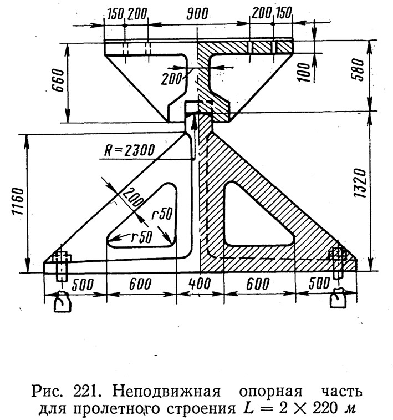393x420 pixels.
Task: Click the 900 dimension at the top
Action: [x=197, y=13]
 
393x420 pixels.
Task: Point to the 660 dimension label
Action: [x=58, y=80]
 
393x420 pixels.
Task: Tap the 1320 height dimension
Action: [x=359, y=183]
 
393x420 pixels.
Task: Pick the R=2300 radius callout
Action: [x=129, y=150]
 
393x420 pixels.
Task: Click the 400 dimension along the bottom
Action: [x=200, y=284]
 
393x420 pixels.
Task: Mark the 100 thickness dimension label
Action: [x=304, y=72]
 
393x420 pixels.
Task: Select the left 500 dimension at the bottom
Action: [x=83, y=285]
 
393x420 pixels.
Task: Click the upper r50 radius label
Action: [x=162, y=214]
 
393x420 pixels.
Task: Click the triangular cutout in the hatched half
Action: [x=254, y=214]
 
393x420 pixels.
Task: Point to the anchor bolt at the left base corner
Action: [x=62, y=266]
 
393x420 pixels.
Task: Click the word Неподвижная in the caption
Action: [x=166, y=392]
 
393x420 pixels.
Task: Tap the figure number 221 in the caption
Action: [x=84, y=392]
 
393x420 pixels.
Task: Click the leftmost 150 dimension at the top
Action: [x=115, y=14]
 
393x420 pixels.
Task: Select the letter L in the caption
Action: [x=248, y=408]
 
